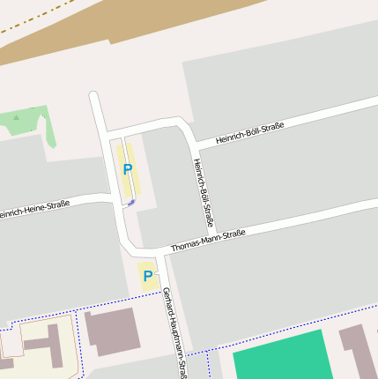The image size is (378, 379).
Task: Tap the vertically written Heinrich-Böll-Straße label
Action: click(x=204, y=192)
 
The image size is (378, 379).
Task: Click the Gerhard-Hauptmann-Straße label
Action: click(x=173, y=331)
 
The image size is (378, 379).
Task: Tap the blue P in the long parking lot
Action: click(x=128, y=169)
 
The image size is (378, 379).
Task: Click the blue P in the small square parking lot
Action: click(x=147, y=277)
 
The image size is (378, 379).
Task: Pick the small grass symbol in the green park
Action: click(x=17, y=117)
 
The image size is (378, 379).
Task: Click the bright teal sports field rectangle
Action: click(x=279, y=356)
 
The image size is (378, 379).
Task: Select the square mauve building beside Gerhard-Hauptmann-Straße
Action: click(x=111, y=331)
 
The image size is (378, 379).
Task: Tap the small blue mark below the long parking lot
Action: click(x=131, y=203)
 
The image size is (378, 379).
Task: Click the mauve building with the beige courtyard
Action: click(x=53, y=345)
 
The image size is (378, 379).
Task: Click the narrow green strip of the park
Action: click(x=50, y=133)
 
